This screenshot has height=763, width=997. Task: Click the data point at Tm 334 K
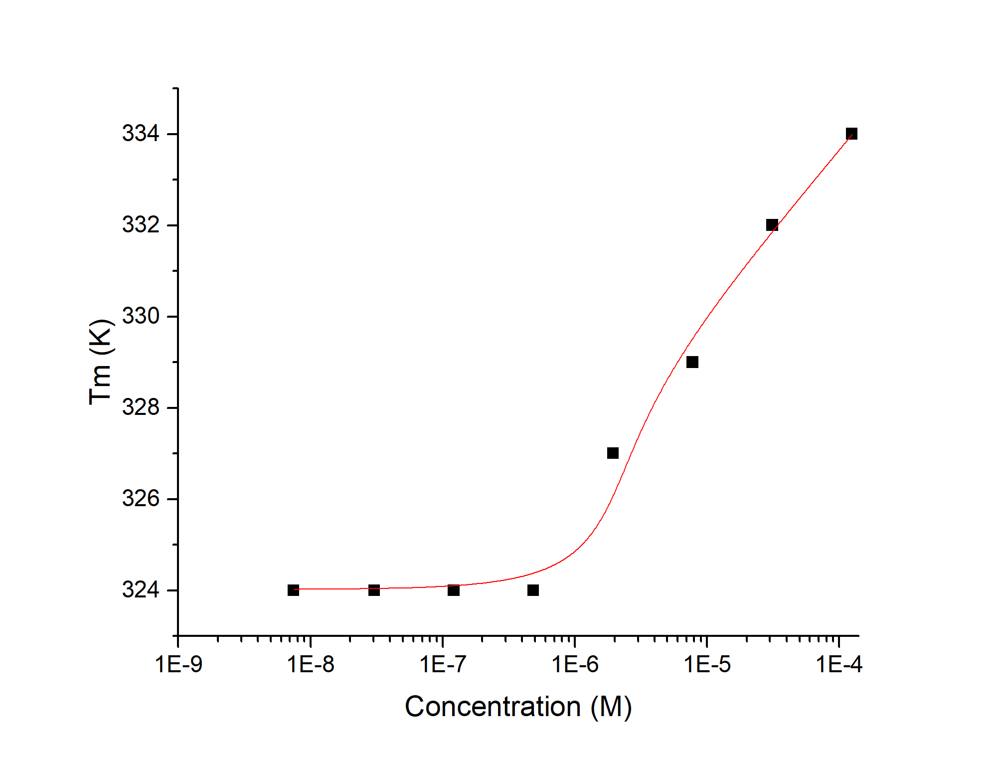851,134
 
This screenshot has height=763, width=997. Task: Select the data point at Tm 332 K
772,225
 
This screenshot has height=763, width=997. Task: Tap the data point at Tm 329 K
692,362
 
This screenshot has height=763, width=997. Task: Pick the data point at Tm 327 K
613,453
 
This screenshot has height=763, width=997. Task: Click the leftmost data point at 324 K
293,590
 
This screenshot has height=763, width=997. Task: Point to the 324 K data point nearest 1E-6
533,590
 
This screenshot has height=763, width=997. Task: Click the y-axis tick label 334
141,134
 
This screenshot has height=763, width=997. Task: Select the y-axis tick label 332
141,225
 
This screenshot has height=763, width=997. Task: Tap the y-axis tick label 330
141,316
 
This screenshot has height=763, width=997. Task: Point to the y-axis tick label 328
141,407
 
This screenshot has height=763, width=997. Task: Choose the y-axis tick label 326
141,499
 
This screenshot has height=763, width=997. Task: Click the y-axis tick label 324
141,590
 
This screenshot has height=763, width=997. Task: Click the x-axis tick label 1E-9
178,665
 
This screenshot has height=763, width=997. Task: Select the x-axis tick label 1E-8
311,665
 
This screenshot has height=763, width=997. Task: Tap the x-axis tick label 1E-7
443,665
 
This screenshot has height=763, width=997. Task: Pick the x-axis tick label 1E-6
575,665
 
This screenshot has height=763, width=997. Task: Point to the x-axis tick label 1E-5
707,665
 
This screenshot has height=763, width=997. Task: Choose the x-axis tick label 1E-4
839,665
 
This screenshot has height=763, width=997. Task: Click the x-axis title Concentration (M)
518,707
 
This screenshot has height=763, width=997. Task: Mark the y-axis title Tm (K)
101,362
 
